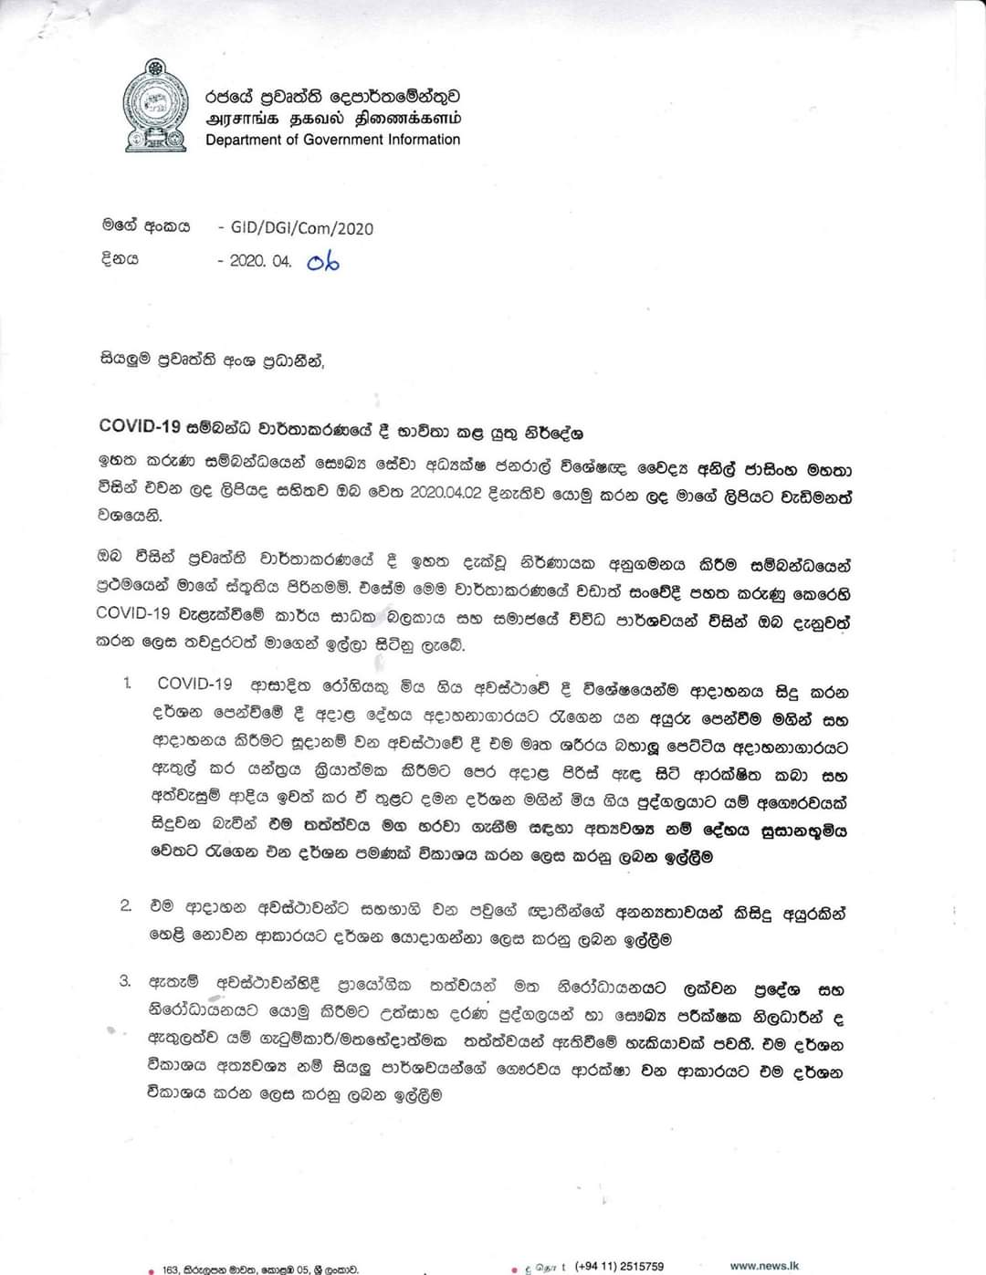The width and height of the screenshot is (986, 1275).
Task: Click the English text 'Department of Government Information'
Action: tap(332, 140)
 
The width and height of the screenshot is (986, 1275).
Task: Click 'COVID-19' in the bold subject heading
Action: tap(138, 426)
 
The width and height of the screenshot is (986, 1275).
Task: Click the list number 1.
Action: tap(128, 684)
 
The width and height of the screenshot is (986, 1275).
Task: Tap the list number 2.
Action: tap(126, 905)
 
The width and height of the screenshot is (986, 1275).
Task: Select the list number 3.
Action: tap(126, 981)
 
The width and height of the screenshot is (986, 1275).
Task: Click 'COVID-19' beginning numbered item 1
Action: tap(194, 684)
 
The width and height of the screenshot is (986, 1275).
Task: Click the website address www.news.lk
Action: tap(764, 1266)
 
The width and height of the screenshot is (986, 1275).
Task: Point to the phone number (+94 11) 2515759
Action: tap(619, 1267)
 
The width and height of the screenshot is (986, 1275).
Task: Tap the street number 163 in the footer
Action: tap(170, 1269)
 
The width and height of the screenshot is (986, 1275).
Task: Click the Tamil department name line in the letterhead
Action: tap(332, 119)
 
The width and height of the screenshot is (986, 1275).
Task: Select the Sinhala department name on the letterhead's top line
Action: tap(332, 96)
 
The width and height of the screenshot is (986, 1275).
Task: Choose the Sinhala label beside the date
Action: tap(120, 259)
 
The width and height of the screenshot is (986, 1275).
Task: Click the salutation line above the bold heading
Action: tap(211, 360)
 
